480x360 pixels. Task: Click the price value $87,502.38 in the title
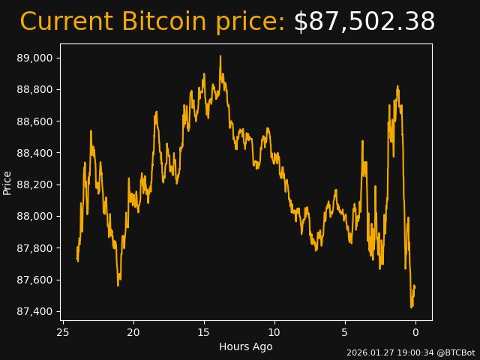(364, 22)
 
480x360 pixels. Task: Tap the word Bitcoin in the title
(164, 22)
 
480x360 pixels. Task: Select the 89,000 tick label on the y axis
(34, 58)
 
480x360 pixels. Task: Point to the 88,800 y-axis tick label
(34, 89)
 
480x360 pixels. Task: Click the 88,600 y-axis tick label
(34, 121)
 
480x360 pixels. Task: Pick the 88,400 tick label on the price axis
(34, 153)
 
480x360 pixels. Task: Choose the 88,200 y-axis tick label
(34, 184)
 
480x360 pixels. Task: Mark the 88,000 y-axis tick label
(34, 216)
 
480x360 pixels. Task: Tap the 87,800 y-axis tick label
(34, 248)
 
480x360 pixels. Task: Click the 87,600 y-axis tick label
(34, 280)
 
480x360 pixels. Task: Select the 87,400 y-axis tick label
(34, 311)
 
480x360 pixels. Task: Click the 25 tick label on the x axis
(63, 332)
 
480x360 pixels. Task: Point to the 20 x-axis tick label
(133, 332)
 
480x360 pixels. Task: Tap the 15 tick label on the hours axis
(204, 332)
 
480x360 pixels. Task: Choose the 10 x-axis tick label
(274, 332)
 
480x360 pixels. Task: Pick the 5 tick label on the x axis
(345, 332)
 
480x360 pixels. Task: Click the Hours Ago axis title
(246, 346)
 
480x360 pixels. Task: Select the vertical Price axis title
(7, 182)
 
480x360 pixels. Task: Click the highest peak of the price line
(220, 56)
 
